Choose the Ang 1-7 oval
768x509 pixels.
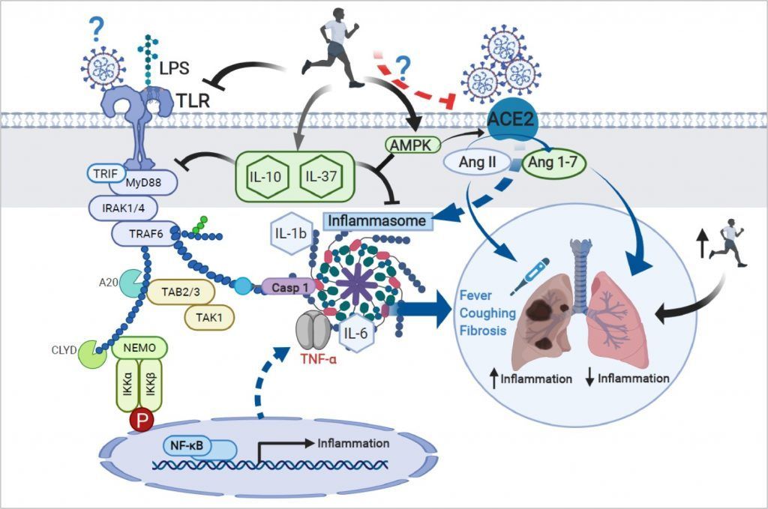(553, 163)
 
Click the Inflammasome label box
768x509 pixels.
(379, 220)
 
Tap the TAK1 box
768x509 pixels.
(209, 316)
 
